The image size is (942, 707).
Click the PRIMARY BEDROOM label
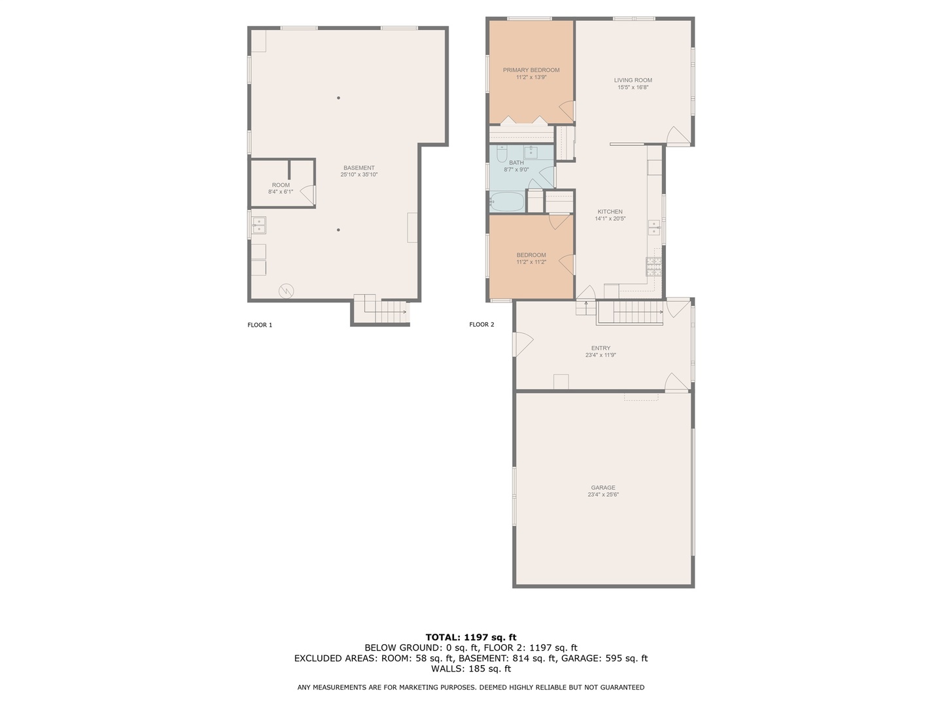pos(531,70)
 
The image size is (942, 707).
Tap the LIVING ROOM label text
pos(633,81)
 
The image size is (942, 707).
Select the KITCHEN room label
pos(610,211)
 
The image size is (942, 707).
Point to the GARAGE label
pos(602,488)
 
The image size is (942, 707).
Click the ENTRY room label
pos(601,348)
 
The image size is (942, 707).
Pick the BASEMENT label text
pos(358,168)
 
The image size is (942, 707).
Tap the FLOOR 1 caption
pos(260,325)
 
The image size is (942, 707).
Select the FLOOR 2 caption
pos(481,325)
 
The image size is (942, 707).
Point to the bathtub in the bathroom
pos(506,202)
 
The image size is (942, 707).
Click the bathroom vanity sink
pos(531,153)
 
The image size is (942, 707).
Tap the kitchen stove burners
pos(654,265)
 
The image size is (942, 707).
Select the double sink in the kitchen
pos(654,227)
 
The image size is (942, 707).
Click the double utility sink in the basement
pos(258,226)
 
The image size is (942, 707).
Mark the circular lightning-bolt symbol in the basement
pos(287,291)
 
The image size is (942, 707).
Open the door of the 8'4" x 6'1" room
pos(307,196)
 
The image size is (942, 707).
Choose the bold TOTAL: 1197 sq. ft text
pos(470,637)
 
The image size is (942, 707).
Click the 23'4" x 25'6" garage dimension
pos(602,495)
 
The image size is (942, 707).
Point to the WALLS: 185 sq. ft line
pos(470,669)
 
